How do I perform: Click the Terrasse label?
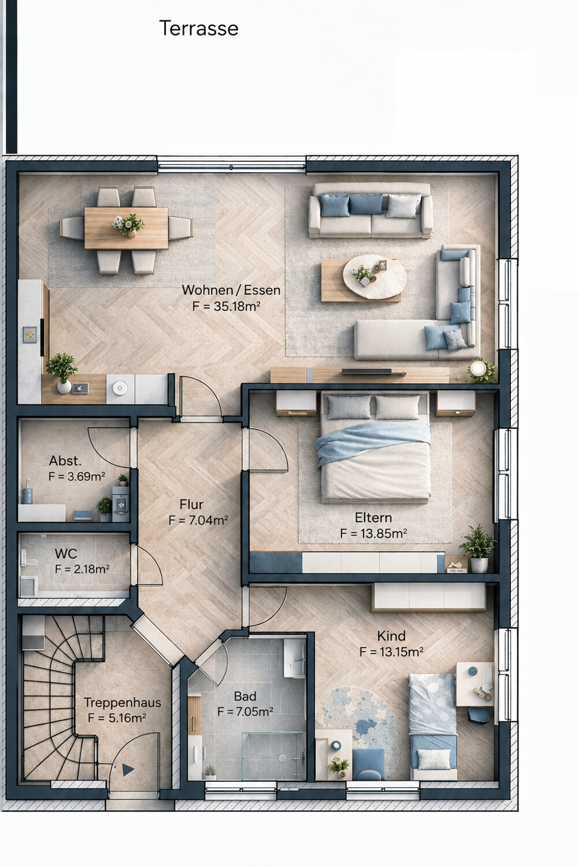[x=199, y=28]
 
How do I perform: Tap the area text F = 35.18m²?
[x=226, y=306]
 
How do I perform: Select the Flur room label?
[x=191, y=505]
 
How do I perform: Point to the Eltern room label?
[x=373, y=517]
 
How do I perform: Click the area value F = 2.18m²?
[x=82, y=569]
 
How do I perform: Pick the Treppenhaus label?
[x=123, y=702]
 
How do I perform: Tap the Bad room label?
[x=245, y=696]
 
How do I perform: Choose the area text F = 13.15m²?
[x=391, y=652]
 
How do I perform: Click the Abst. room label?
[x=65, y=461]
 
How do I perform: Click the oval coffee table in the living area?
[x=375, y=276]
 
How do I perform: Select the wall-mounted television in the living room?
[x=373, y=372]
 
